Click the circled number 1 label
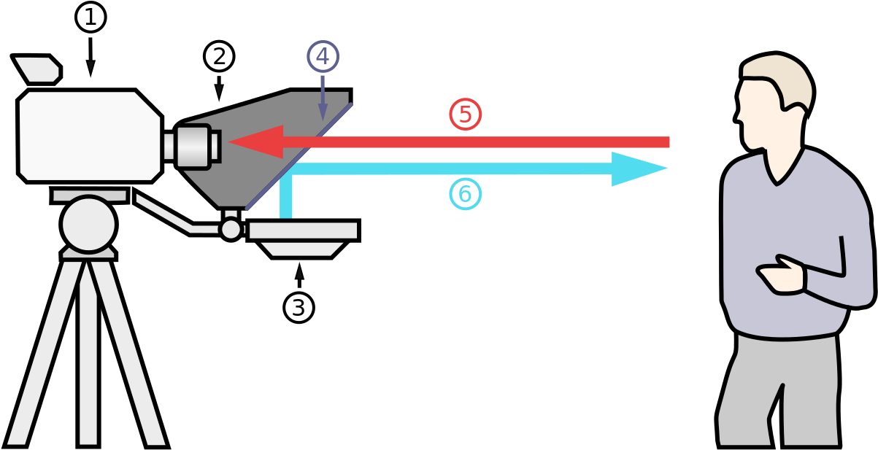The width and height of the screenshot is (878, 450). coord(91,18)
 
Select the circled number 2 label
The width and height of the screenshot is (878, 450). coord(219,56)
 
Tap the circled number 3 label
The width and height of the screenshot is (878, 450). coord(299,308)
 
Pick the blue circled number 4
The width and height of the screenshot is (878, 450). coord(323,56)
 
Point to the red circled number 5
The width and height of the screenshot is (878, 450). coord(465,115)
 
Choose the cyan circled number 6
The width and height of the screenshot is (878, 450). coord(465,194)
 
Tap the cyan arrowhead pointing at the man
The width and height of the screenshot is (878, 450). coord(635,168)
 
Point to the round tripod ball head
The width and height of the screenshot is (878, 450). coord(88,225)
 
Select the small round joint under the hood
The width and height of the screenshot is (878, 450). coord(231,230)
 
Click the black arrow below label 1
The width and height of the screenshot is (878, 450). coord(91,57)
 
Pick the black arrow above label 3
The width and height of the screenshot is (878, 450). coord(299,276)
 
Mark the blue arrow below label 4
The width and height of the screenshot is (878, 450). coord(323,98)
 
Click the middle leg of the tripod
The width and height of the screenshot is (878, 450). coord(88,352)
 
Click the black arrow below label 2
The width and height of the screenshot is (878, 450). coord(219,88)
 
